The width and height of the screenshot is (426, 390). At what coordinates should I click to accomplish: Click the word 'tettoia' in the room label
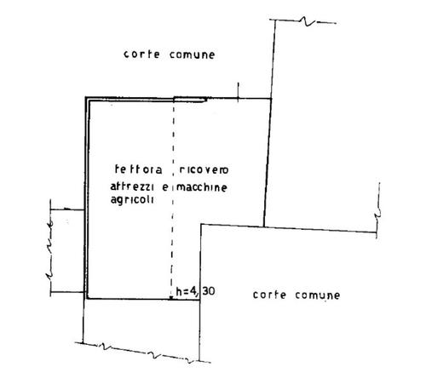tap(139, 169)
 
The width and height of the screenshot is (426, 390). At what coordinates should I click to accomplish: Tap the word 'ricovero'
tap(204, 169)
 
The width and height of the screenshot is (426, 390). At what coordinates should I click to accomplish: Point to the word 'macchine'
tap(202, 187)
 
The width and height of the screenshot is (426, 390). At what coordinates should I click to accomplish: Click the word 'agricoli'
tap(132, 200)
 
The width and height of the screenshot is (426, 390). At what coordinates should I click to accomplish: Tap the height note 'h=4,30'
tap(195, 291)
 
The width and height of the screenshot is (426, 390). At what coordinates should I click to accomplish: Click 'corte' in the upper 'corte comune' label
tap(141, 54)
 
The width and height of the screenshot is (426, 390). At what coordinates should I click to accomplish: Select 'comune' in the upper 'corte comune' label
tap(193, 54)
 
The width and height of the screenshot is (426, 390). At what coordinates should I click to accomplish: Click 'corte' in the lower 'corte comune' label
tap(269, 295)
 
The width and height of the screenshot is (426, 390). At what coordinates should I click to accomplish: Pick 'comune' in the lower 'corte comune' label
tap(318, 295)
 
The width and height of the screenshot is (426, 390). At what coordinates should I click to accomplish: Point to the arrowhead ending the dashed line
tap(171, 297)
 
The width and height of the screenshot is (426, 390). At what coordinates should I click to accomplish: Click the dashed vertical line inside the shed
tap(173, 198)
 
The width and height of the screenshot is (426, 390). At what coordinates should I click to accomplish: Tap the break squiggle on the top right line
tap(307, 21)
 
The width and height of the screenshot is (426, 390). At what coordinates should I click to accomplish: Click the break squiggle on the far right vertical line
tap(378, 211)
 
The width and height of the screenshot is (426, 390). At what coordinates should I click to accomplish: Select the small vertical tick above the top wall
tap(238, 91)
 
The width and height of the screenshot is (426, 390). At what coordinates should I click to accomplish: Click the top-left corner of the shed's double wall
tap(86, 98)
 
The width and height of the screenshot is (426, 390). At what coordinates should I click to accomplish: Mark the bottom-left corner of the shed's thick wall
tap(87, 298)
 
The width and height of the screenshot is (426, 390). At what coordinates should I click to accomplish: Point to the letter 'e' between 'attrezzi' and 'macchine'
tap(165, 188)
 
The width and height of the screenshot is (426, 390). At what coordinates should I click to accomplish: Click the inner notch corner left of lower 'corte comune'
tap(201, 225)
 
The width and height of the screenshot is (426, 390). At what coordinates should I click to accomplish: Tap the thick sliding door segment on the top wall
tap(190, 100)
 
